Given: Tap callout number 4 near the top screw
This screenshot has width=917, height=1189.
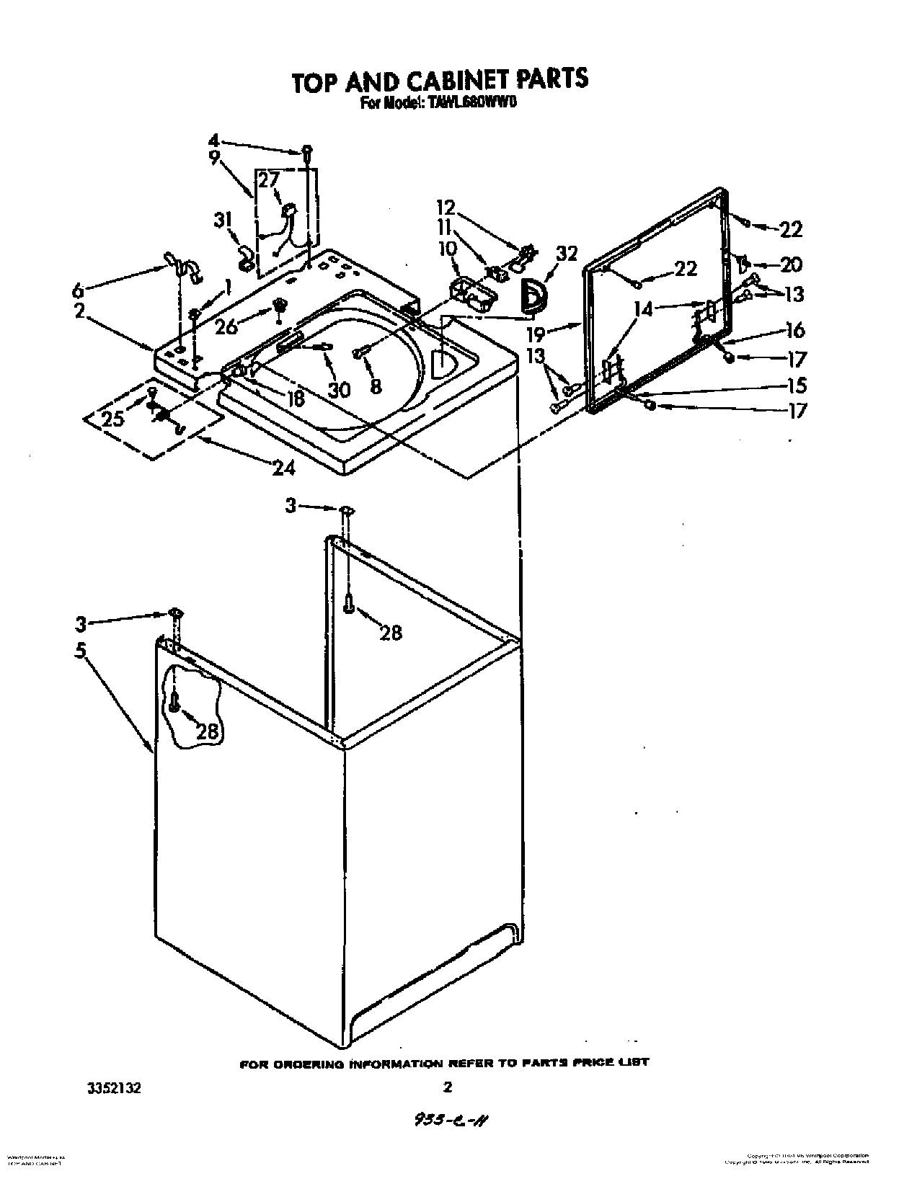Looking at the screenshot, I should click(x=214, y=140).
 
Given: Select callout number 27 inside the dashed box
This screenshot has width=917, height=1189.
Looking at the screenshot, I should click(x=269, y=180).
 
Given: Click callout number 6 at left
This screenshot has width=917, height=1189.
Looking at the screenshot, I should click(x=77, y=290).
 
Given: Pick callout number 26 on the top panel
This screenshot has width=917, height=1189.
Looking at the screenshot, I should click(x=226, y=326).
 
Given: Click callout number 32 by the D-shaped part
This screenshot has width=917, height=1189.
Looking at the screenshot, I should click(x=567, y=253).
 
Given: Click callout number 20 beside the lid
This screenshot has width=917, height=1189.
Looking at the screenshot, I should click(x=791, y=264).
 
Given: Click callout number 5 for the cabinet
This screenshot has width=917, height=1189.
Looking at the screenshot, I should click(x=80, y=650).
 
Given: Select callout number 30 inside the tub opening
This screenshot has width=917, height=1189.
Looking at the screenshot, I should click(x=338, y=389).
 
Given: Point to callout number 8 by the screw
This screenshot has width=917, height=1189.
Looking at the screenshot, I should click(x=376, y=386).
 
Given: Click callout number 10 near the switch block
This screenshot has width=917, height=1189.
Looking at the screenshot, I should click(x=447, y=249).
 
